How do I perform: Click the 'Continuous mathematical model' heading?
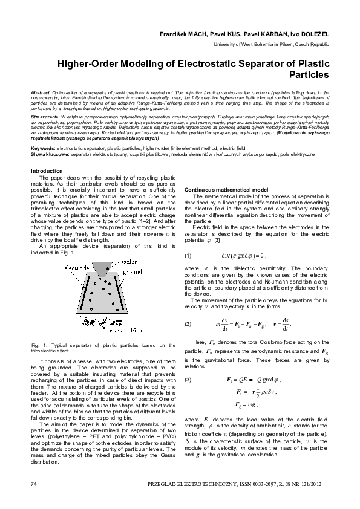(226, 190)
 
